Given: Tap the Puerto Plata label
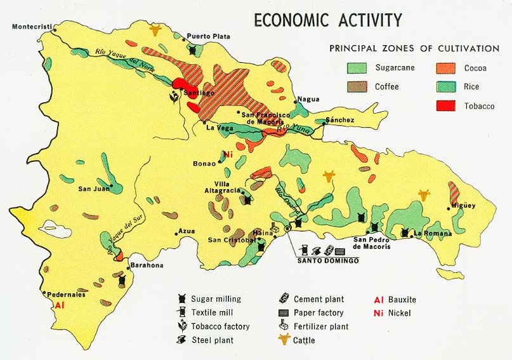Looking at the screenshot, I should tap(208, 36).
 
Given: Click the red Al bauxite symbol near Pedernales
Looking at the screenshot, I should tap(60, 305).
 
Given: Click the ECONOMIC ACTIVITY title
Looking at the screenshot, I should tap(327, 20).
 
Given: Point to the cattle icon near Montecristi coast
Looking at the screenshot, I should tap(155, 29).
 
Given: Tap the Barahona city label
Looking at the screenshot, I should tap(147, 265).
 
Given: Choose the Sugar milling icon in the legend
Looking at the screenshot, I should tap(181, 299).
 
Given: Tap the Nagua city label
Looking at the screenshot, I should tap(307, 99).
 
